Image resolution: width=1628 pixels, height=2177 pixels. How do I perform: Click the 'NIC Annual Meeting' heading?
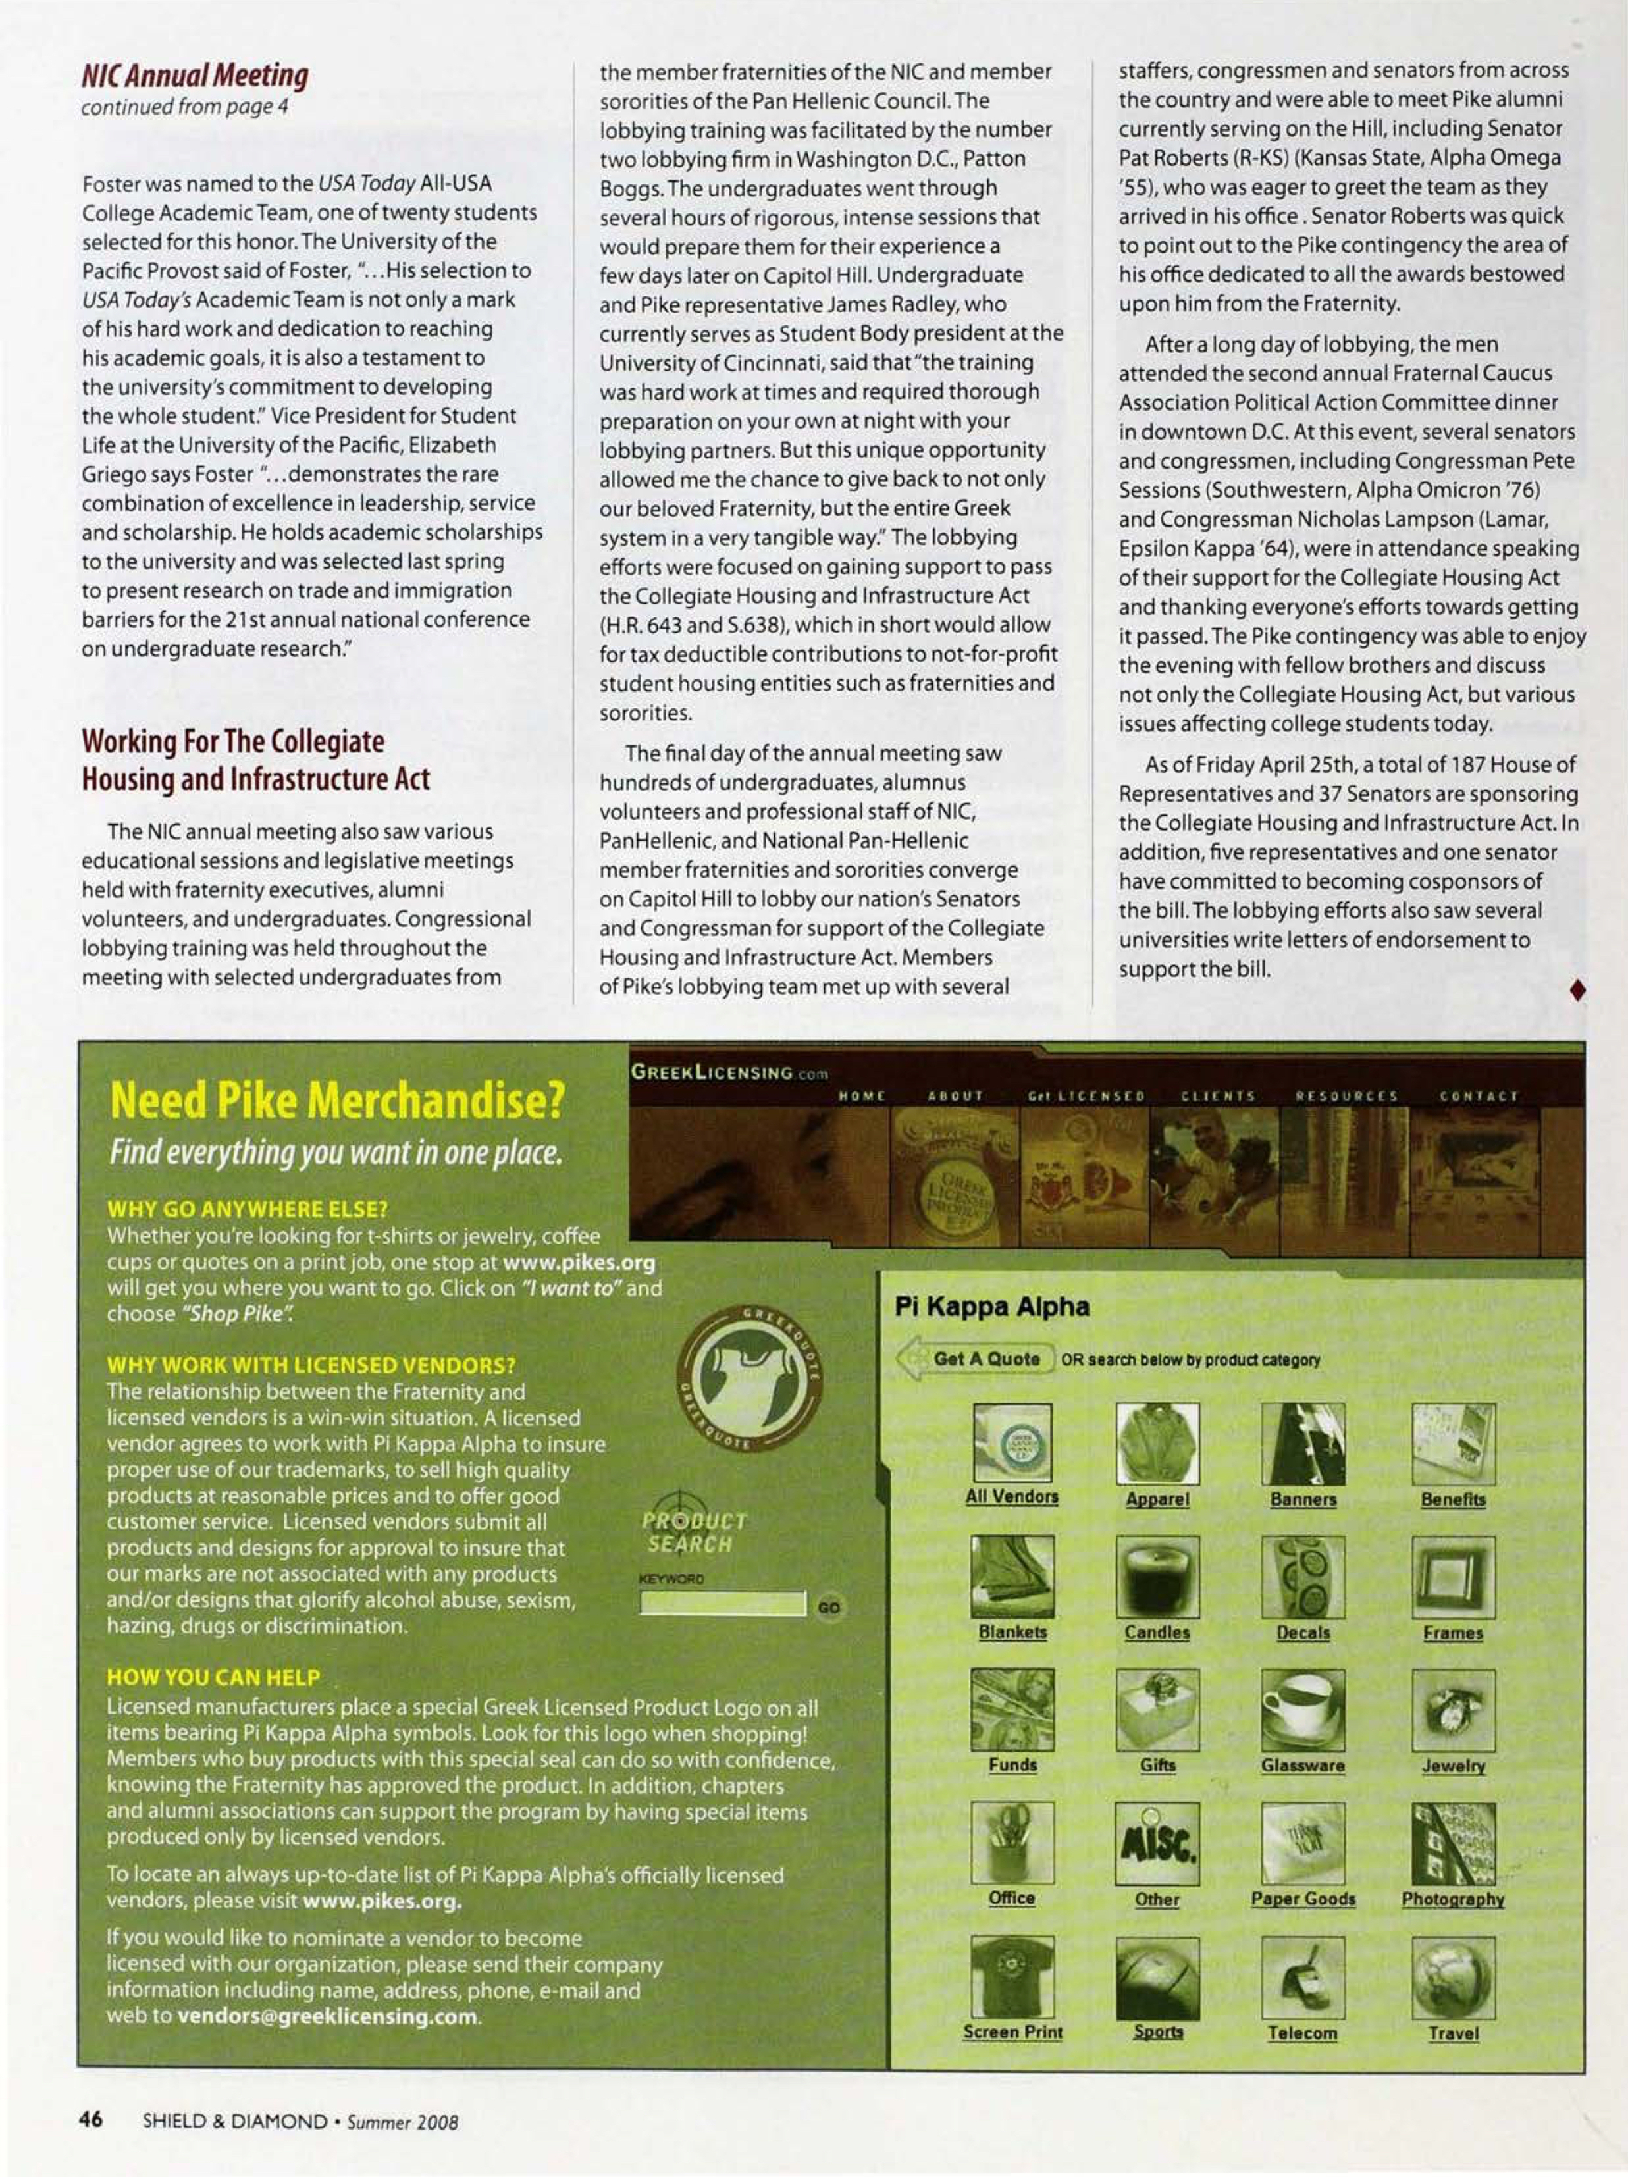(195, 76)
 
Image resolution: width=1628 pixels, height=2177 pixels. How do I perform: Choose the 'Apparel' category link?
(1157, 1499)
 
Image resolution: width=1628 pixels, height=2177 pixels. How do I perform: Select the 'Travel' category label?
(1453, 2033)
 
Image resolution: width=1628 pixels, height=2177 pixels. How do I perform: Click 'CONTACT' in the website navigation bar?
(1479, 1095)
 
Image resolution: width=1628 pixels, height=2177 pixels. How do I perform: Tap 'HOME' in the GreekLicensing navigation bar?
(861, 1095)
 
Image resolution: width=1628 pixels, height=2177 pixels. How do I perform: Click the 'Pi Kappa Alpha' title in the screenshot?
(991, 1307)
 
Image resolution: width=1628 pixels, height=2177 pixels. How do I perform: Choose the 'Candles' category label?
(1157, 1632)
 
